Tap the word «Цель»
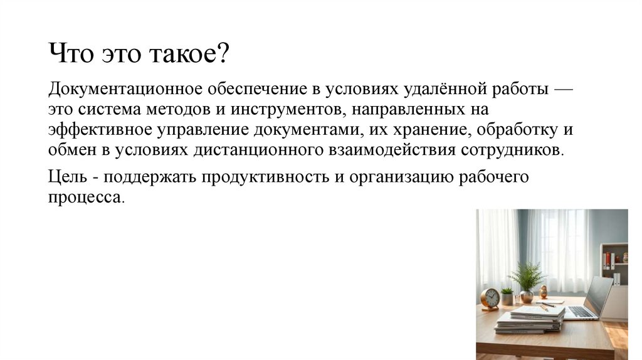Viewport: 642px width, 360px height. pos(66,177)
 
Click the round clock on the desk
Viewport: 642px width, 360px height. pos(490,299)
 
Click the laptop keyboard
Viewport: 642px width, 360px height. pos(580,311)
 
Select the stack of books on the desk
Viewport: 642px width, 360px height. pos(528,320)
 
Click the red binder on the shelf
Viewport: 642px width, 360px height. pos(606,261)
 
